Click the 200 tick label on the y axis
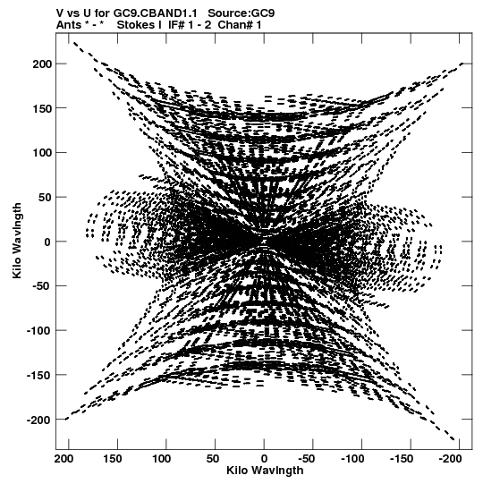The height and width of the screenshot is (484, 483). (x=41, y=64)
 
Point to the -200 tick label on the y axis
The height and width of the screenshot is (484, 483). (x=38, y=420)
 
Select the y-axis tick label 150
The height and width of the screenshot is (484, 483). (x=41, y=108)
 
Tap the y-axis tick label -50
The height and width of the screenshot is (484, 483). (x=41, y=286)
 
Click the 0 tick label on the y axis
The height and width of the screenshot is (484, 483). (x=47, y=242)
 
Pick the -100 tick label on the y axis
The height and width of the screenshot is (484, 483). (x=38, y=331)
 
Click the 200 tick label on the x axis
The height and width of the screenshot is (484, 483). (x=64, y=459)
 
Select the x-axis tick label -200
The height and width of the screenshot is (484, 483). (x=451, y=459)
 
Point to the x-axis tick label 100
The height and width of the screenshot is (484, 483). (x=161, y=459)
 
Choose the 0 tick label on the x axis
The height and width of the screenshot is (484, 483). (x=264, y=459)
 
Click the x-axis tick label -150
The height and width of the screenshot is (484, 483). (x=402, y=459)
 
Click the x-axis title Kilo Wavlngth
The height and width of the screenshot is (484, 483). (x=265, y=471)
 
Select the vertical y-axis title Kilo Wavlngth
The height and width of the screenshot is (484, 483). (x=17, y=241)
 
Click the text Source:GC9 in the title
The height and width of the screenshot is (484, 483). (x=241, y=13)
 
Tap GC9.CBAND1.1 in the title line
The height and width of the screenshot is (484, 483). (x=156, y=13)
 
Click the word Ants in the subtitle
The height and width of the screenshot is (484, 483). (x=69, y=25)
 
